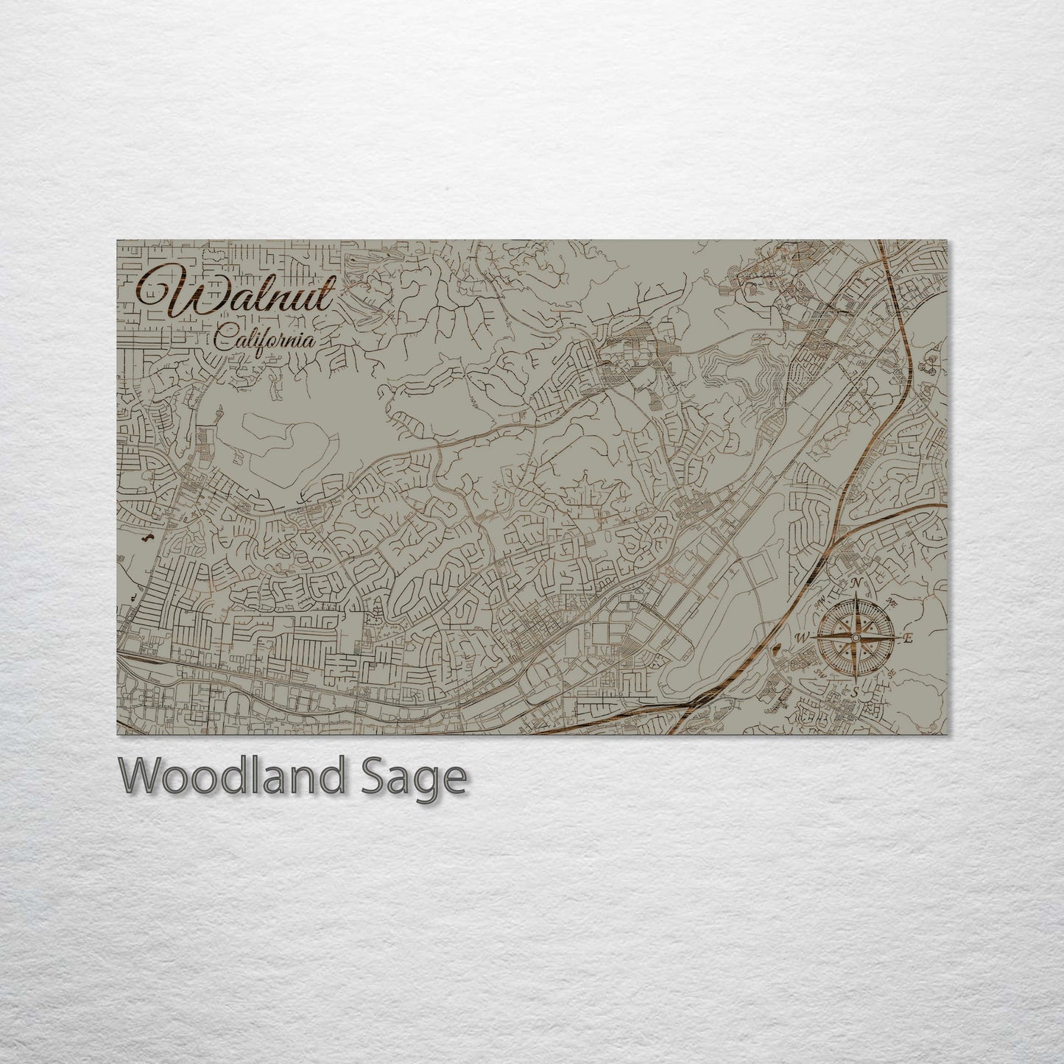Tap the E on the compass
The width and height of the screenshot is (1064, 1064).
tap(908, 638)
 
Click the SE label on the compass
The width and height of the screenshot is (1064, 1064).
tap(892, 673)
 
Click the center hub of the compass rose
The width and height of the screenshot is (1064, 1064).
tap(856, 637)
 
